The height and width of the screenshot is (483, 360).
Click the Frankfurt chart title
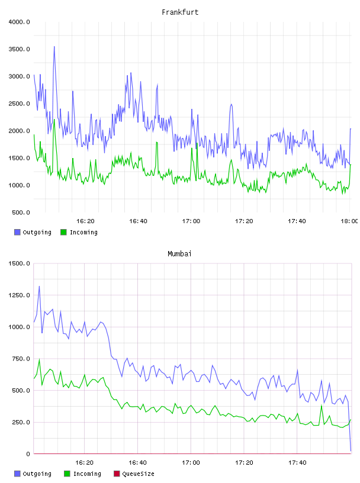click(x=180, y=12)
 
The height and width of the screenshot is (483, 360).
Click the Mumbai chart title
click(x=179, y=254)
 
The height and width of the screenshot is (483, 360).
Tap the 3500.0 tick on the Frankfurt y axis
click(x=19, y=49)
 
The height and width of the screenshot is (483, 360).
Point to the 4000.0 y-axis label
click(x=19, y=22)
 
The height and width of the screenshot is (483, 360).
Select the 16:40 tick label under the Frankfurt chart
click(x=138, y=221)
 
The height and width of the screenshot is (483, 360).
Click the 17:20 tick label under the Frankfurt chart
click(x=244, y=221)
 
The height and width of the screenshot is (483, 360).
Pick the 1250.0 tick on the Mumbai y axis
click(x=19, y=295)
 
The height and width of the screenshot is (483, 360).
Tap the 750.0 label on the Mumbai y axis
click(x=21, y=359)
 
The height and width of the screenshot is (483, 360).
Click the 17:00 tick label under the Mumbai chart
click(x=191, y=463)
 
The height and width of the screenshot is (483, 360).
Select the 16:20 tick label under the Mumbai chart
click(x=85, y=463)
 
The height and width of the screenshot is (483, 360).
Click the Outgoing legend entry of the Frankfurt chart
click(x=33, y=232)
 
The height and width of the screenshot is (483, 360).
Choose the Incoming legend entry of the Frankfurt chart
click(x=79, y=232)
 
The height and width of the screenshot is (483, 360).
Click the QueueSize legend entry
click(x=134, y=474)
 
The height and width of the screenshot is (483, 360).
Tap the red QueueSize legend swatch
click(x=117, y=474)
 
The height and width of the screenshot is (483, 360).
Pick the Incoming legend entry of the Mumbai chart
click(x=83, y=474)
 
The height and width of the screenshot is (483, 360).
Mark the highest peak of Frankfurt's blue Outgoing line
click(x=54, y=47)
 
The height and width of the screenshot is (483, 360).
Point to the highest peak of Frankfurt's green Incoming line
click(x=54, y=120)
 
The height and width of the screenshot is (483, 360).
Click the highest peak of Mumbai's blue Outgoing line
click(x=39, y=286)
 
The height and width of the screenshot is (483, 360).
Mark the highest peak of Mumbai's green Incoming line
click(x=39, y=359)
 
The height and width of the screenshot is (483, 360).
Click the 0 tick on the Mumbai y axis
click(x=28, y=454)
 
